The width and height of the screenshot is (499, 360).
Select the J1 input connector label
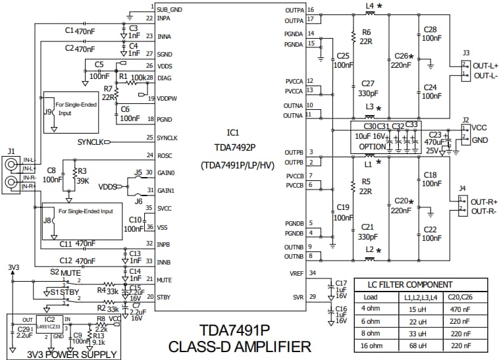click(x=11, y=150)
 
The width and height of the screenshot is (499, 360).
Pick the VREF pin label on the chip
click(x=296, y=273)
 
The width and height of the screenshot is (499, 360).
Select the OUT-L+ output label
click(x=484, y=66)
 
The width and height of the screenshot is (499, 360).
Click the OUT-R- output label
click(x=483, y=211)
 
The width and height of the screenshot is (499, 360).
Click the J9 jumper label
click(x=47, y=112)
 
